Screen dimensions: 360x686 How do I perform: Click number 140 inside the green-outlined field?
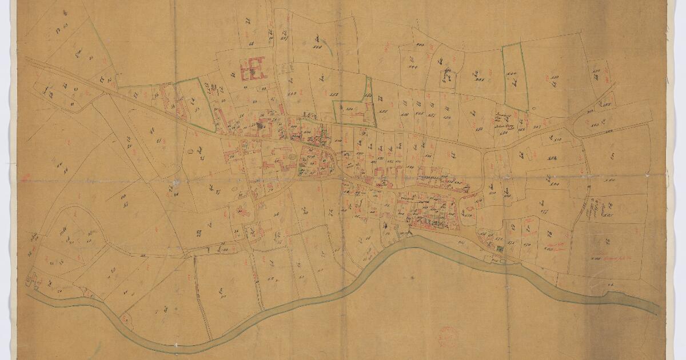click(512, 74)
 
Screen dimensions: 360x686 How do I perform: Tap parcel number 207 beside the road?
click(537, 126)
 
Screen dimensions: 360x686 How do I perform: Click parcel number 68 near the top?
click(252, 43)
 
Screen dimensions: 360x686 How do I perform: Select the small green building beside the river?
click(501, 249)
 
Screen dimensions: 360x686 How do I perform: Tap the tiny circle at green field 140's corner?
click(532, 109)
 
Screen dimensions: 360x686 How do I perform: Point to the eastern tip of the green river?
click(657, 311)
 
